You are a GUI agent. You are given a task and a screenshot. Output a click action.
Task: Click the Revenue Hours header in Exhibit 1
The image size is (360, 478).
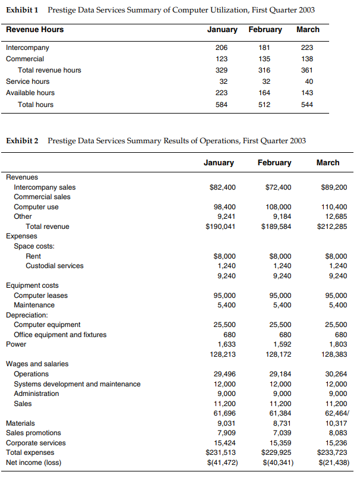[34, 30]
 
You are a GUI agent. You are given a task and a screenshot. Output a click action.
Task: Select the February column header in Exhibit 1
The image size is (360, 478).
[265, 30]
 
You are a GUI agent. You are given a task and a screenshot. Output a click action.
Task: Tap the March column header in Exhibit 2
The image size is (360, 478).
[328, 162]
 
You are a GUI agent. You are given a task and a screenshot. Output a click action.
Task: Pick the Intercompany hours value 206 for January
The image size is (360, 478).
[222, 48]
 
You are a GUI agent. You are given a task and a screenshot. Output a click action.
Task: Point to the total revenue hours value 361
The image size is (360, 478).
[307, 70]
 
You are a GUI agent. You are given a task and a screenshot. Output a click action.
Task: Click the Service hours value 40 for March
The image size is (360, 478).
[307, 81]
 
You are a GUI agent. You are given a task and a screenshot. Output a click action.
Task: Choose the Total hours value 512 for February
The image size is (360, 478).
[264, 105]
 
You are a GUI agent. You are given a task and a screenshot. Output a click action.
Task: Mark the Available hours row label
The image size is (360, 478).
[30, 93]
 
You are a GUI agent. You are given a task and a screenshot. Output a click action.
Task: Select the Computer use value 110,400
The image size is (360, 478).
[333, 207]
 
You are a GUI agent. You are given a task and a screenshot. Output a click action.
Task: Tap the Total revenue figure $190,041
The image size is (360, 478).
[220, 227]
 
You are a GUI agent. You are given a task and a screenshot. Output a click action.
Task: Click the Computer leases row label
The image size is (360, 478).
[41, 295]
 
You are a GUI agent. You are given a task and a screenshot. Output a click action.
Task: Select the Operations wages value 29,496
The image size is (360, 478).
[224, 374]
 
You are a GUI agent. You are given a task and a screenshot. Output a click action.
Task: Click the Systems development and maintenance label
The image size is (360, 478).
[77, 384]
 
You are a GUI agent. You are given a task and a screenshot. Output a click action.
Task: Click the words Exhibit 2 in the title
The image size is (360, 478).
[22, 141]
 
